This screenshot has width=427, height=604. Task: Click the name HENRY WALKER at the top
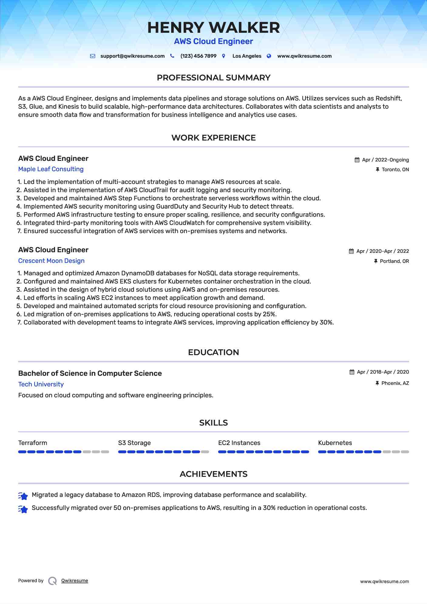[213, 28]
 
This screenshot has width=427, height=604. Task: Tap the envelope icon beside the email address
[93, 56]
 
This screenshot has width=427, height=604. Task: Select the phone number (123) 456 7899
[198, 56]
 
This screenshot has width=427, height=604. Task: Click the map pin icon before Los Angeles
[224, 56]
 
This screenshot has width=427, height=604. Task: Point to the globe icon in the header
[269, 56]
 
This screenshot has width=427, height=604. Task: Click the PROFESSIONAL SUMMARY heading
[213, 78]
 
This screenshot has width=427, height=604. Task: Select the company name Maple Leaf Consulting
[51, 169]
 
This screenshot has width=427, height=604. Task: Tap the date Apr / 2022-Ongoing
[385, 160]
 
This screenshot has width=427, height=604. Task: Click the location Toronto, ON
[395, 170]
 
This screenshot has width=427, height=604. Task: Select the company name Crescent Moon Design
[51, 261]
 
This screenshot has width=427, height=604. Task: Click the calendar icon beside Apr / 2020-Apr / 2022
[351, 251]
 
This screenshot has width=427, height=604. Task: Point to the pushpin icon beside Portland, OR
[376, 261]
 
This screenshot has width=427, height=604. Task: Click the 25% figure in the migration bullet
[269, 314]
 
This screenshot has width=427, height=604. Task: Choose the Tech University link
[41, 384]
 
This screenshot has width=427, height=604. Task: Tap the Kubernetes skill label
[335, 443]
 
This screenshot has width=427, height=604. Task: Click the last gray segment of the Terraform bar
[105, 452]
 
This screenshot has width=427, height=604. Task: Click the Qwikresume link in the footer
[75, 581]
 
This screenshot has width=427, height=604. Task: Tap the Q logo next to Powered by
[53, 581]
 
